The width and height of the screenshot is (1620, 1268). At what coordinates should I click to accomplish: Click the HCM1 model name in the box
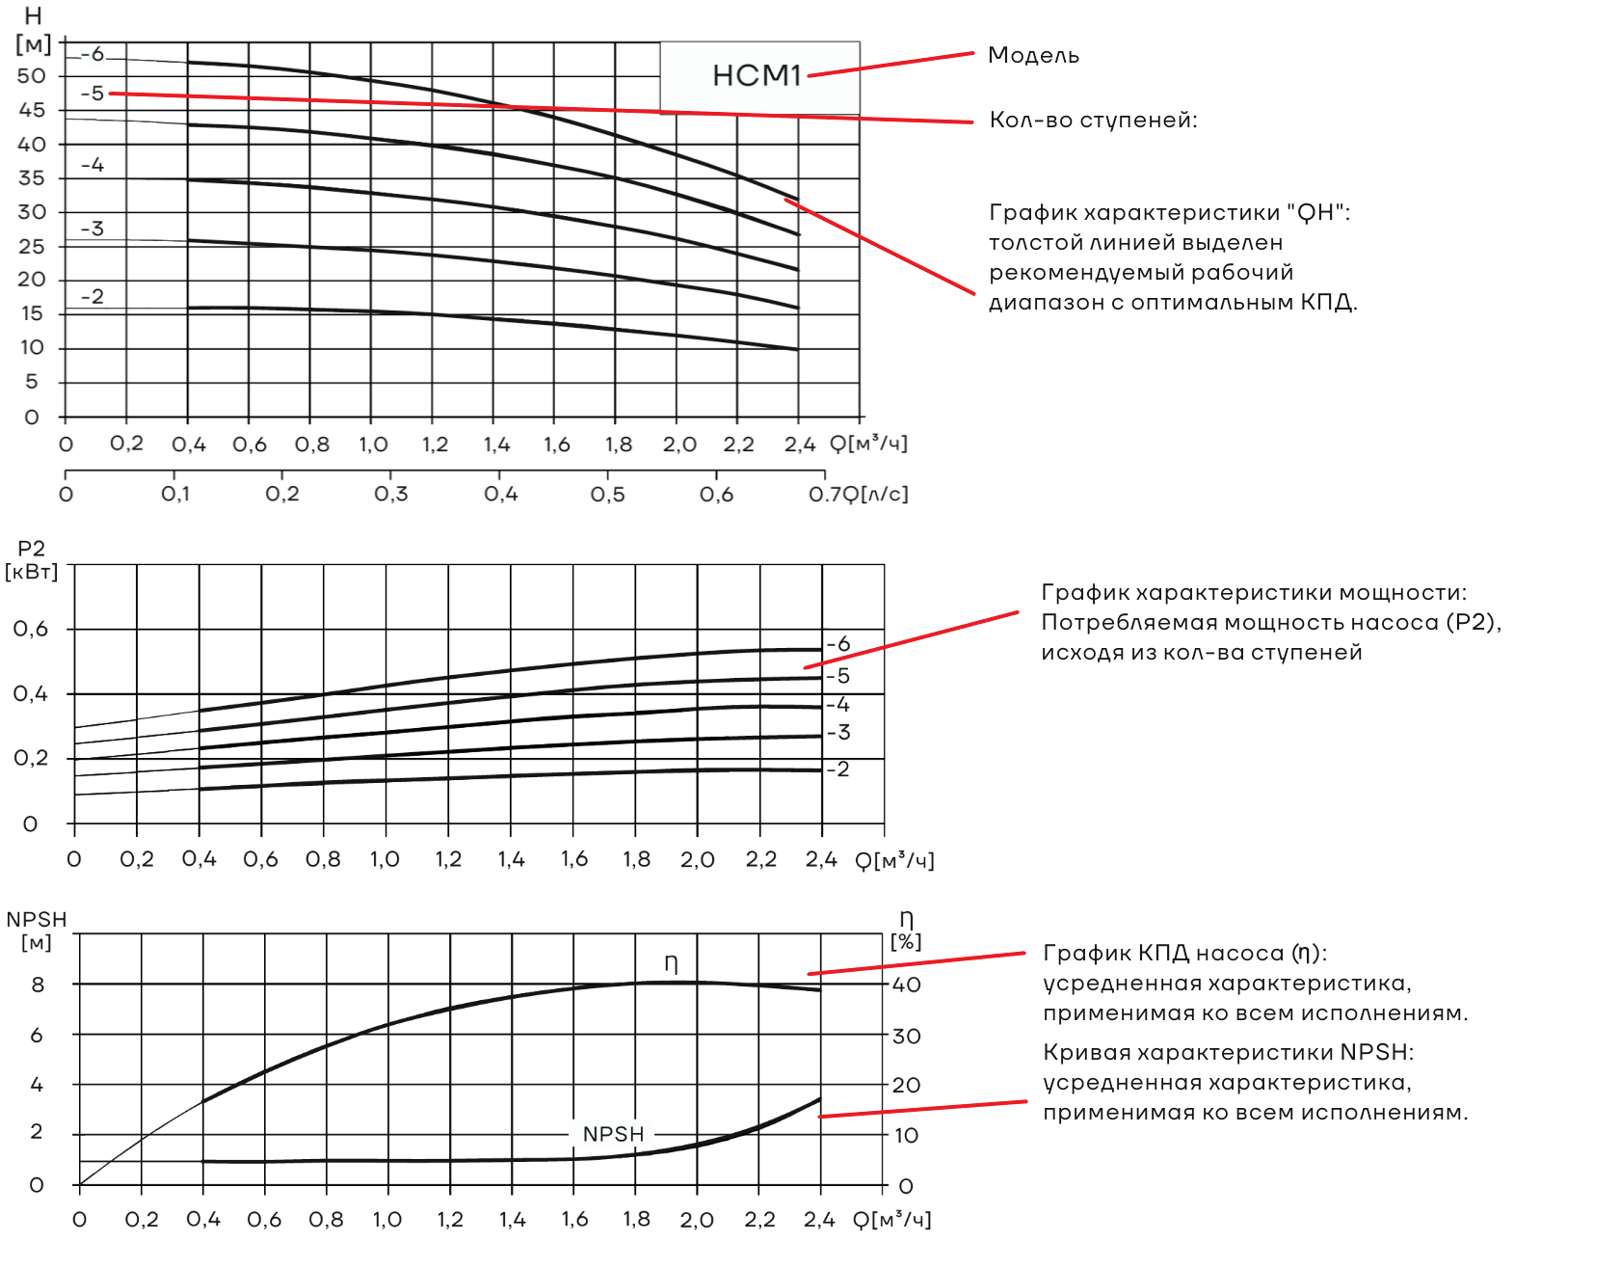[x=757, y=75]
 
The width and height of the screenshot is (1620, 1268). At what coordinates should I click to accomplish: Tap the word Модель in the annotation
[x=1033, y=55]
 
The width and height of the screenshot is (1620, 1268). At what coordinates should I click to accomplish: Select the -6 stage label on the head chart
[x=93, y=54]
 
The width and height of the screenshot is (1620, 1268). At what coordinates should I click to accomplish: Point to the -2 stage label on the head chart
[x=93, y=296]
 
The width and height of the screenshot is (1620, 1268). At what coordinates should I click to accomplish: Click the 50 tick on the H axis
[x=32, y=76]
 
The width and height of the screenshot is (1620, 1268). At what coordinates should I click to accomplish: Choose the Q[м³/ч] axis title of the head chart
[x=868, y=444]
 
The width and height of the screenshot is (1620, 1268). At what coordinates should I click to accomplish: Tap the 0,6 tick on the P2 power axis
[x=31, y=630]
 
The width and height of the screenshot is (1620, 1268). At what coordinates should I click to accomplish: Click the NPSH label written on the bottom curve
[x=613, y=1134]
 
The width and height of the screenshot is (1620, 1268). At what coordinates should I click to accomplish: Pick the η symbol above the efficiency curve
[x=672, y=963]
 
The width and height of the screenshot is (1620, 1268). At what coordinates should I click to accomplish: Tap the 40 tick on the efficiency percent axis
[x=907, y=985]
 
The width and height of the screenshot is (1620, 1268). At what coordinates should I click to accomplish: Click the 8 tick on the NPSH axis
[x=38, y=985]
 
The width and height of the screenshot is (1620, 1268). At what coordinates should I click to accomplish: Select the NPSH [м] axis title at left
[x=37, y=931]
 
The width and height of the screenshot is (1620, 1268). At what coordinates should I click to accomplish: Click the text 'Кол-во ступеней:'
[x=1094, y=120]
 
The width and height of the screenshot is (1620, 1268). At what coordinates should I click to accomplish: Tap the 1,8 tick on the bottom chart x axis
[x=637, y=1220]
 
